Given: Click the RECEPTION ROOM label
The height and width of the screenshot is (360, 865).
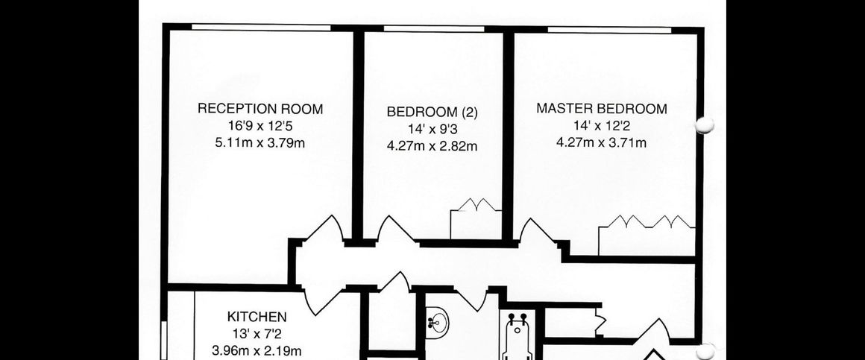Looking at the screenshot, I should [260, 109].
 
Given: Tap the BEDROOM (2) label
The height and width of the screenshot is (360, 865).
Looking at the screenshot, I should [432, 113].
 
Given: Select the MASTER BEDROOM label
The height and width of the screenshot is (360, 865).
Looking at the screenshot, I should [602, 109].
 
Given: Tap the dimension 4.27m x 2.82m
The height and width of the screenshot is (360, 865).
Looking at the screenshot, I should [432, 146].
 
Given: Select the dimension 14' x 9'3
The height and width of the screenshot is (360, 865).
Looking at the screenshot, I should [432, 129].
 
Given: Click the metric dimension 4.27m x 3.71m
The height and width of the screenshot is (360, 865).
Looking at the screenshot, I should [601, 143].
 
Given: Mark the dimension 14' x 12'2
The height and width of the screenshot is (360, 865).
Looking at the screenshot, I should [601, 126].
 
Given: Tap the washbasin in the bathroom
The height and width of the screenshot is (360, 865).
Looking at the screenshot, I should [436, 323].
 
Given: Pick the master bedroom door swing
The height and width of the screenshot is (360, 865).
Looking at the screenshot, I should [538, 233].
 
